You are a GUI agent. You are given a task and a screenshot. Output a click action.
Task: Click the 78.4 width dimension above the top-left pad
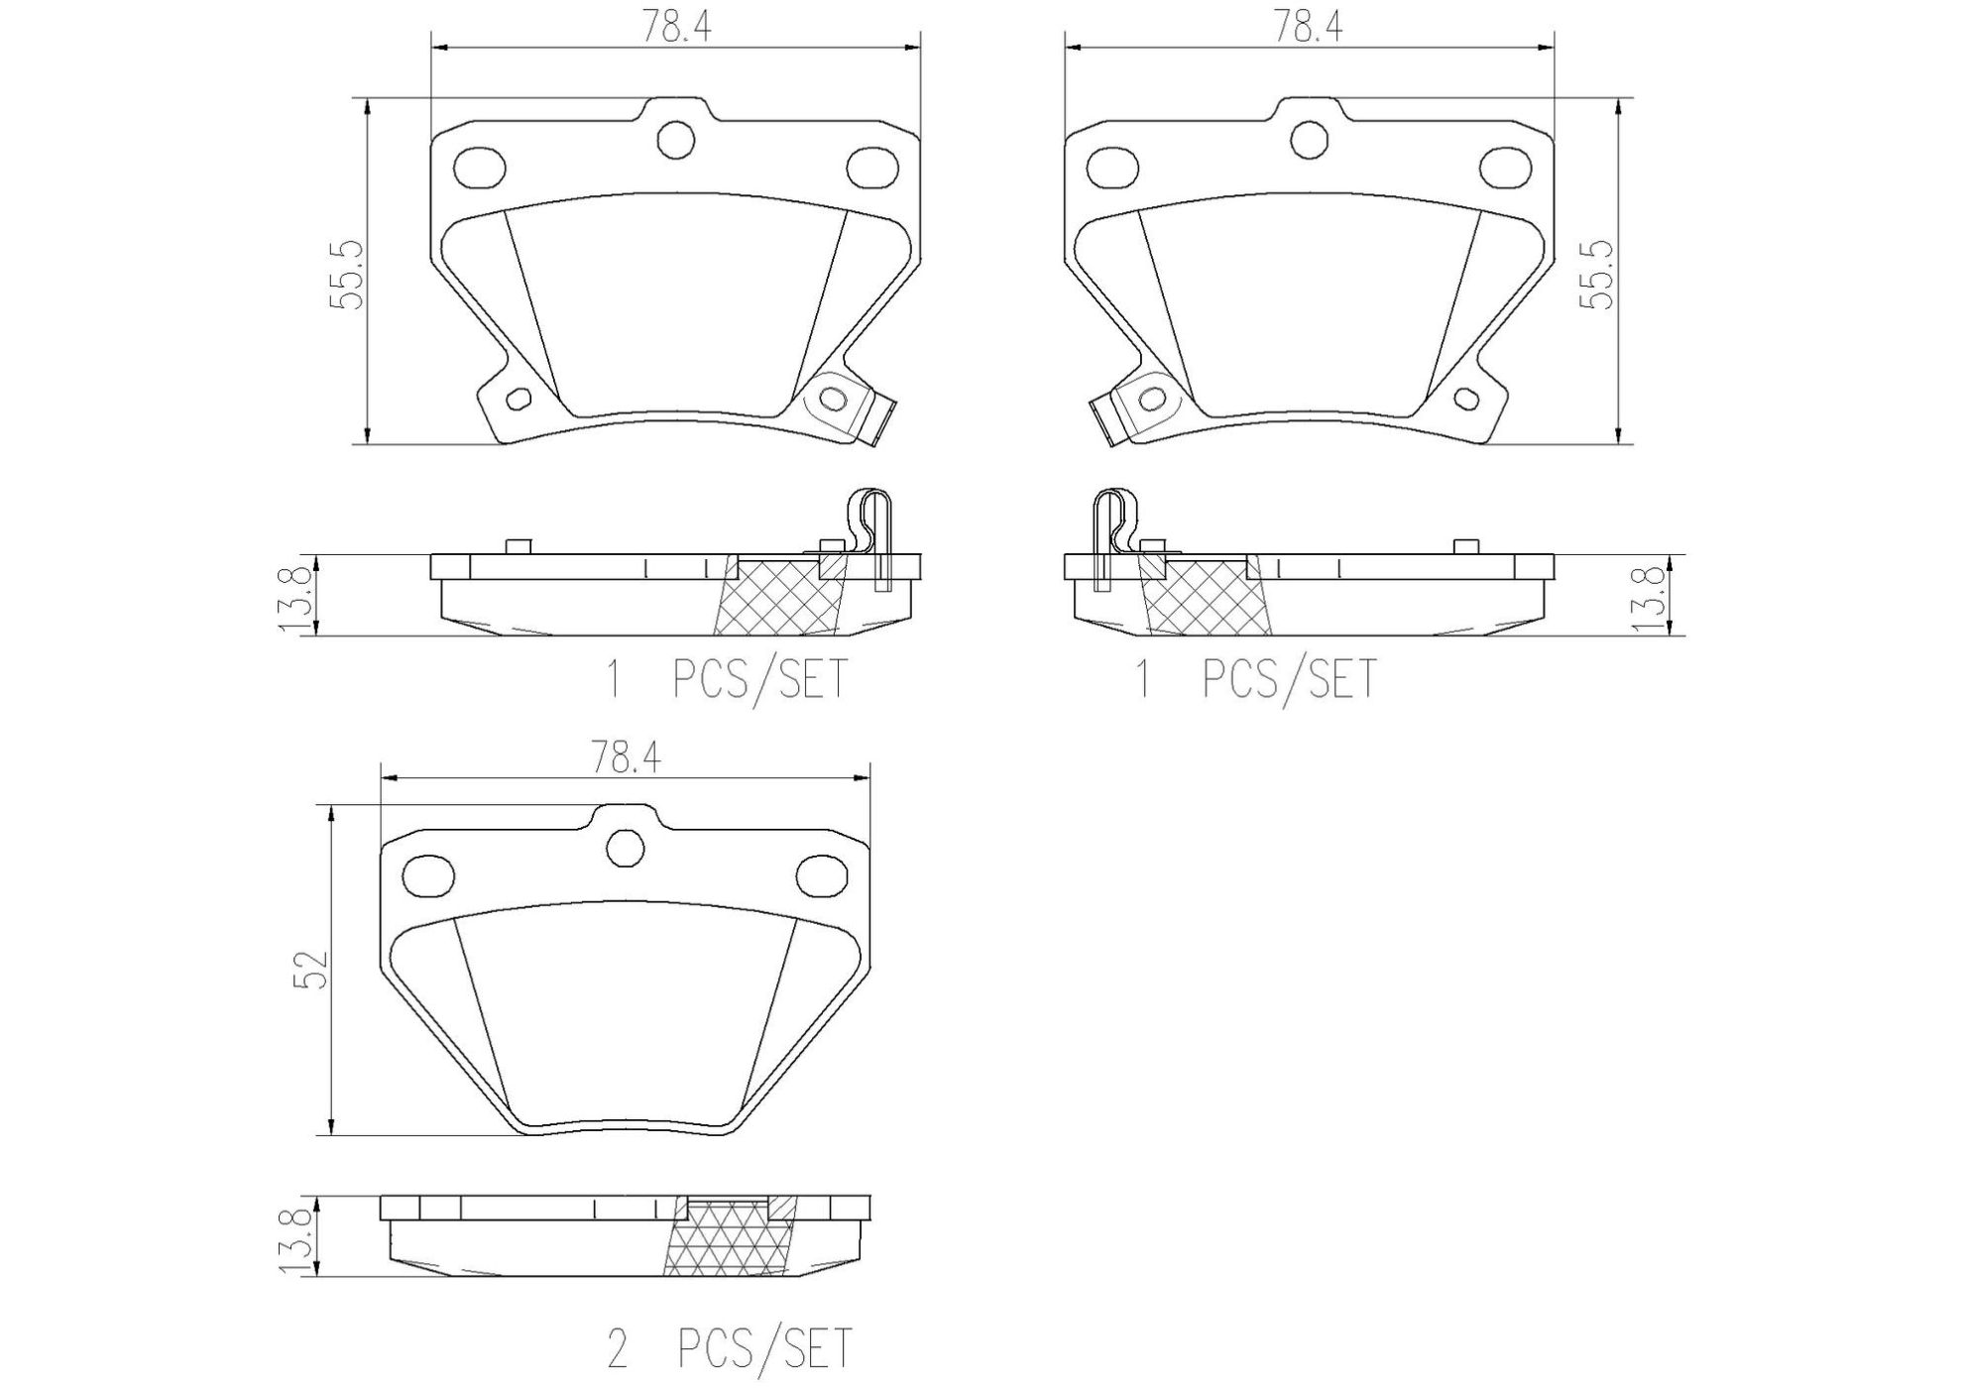coord(676,27)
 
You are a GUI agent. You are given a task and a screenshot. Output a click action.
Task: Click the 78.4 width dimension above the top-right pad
coord(1309,27)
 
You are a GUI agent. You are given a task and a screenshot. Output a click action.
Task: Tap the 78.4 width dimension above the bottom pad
coord(626,758)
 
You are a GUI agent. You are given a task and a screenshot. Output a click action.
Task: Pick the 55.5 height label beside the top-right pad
coord(1597,275)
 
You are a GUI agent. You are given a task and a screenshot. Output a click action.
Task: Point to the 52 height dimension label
coord(310,970)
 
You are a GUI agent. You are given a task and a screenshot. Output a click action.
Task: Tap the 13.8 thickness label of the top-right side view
coord(1647,596)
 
